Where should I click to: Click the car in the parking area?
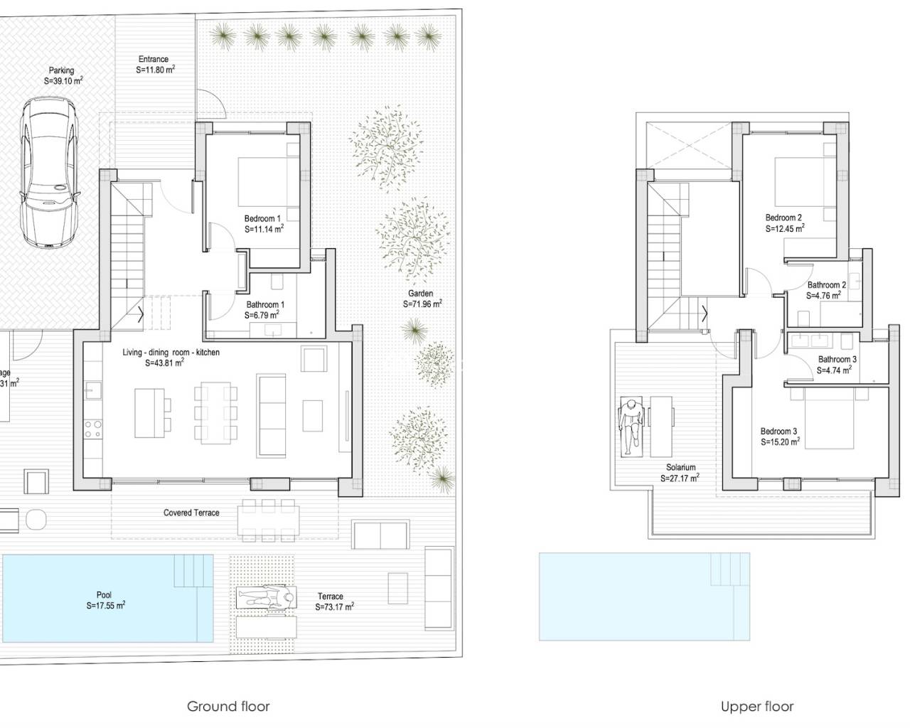coord(47,172)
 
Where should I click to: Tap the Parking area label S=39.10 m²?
coord(63,81)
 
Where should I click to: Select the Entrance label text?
coord(154,60)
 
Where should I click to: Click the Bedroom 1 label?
coord(263,218)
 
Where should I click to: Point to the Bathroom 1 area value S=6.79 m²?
coord(262,315)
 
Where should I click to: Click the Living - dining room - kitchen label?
coord(171,353)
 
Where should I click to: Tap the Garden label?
coord(420,294)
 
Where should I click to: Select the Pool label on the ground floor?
coord(104,596)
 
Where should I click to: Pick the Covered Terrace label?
coord(191,513)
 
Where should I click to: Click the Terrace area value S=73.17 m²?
coord(334,607)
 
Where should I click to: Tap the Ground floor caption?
coord(228,706)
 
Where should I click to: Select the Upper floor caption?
coord(757,706)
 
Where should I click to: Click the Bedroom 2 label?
coord(783,218)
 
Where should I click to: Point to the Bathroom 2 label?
coord(827,285)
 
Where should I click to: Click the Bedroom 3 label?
coord(778,432)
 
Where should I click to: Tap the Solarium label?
coord(680,468)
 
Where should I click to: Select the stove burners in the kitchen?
coord(93,428)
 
